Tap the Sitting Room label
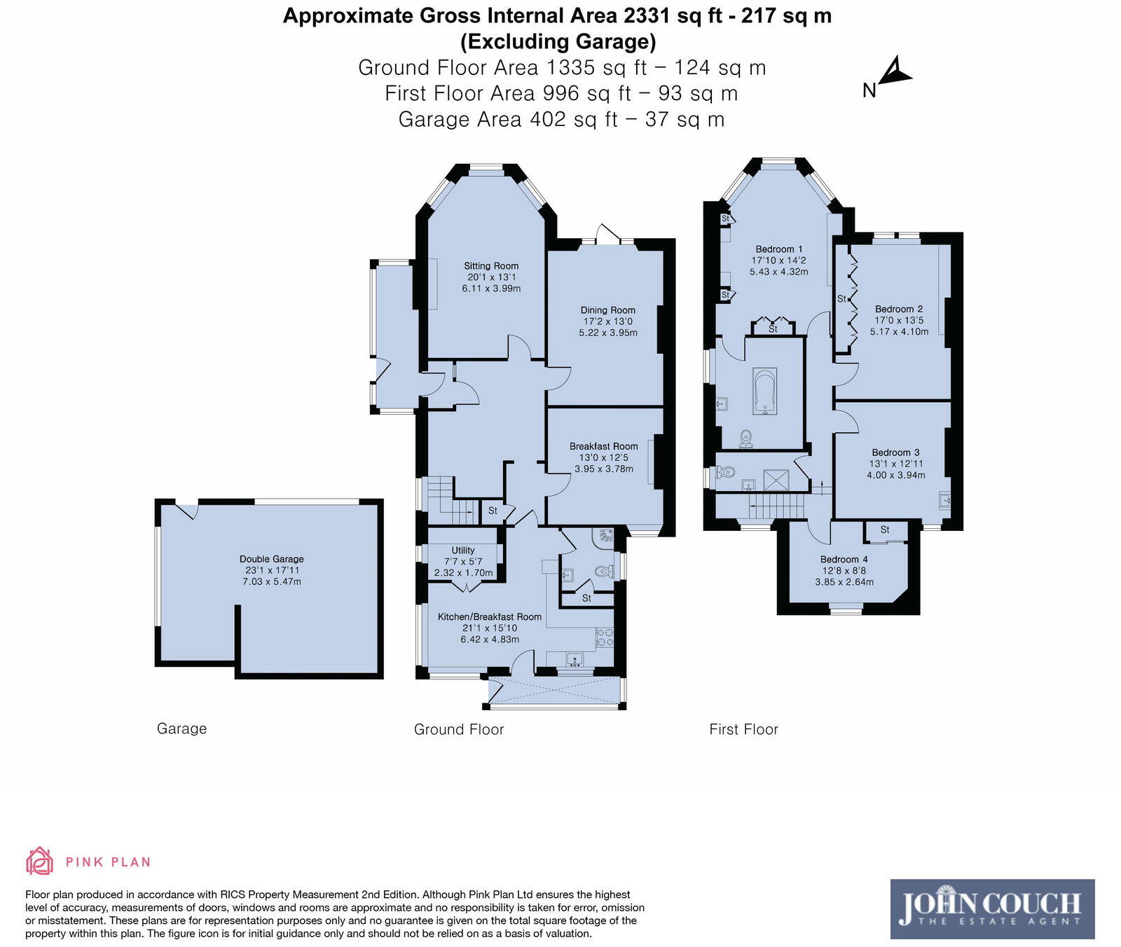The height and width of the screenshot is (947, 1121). (x=491, y=265)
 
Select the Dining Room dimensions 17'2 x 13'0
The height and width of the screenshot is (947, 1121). (x=607, y=322)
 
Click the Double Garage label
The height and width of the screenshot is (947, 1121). (x=272, y=559)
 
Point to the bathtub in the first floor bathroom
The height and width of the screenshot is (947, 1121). (x=764, y=391)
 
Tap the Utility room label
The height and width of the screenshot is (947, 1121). (x=462, y=551)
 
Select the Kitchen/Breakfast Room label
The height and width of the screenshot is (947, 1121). (x=489, y=617)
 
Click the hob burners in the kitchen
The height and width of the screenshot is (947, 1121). (x=604, y=637)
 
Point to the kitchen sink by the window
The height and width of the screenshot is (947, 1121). (x=575, y=658)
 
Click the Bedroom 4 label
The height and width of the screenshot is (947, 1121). (x=844, y=559)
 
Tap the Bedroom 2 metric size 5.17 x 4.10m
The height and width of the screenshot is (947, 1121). (x=899, y=331)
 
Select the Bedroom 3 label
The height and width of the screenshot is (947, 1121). (x=895, y=452)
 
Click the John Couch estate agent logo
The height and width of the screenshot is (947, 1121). (x=992, y=908)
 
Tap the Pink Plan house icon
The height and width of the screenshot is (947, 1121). (x=39, y=861)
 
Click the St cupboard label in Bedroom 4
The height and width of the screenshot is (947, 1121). (x=885, y=530)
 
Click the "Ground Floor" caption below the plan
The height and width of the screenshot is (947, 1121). (x=459, y=729)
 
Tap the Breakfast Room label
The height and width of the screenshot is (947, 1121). (x=603, y=446)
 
